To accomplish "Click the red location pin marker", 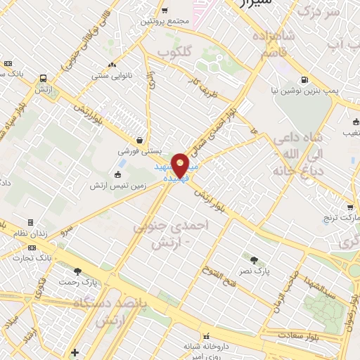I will coord(181,165).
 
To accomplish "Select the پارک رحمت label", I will coord(77,283).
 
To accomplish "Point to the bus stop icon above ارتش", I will coord(44,79).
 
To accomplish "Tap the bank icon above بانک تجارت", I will coord(32,247).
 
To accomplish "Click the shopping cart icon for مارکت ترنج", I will coord(349,207).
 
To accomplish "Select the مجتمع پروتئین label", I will coord(165,21).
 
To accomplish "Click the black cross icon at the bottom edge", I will coord(75,352).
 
